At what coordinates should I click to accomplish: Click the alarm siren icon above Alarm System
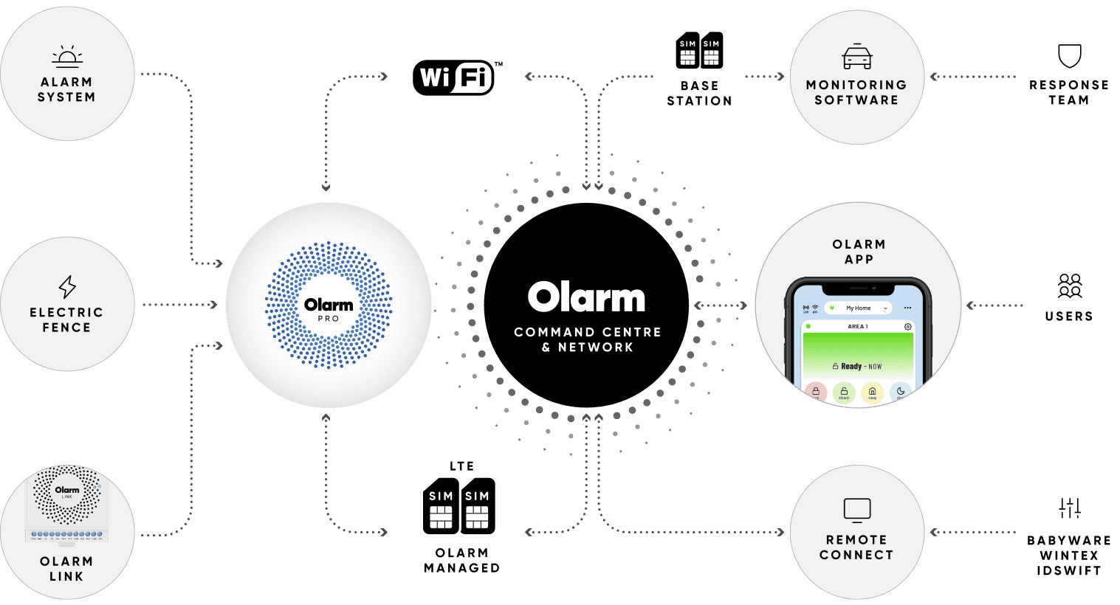click(x=67, y=57)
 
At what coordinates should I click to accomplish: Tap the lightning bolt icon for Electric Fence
click(x=67, y=286)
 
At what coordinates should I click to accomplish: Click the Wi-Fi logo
click(x=453, y=77)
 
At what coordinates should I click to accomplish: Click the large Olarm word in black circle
click(x=586, y=297)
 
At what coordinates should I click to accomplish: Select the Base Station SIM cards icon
click(x=699, y=51)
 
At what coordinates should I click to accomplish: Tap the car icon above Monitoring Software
click(x=857, y=57)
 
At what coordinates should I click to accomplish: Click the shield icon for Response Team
click(x=1069, y=56)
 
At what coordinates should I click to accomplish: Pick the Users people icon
click(x=1069, y=286)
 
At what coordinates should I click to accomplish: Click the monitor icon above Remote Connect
click(x=857, y=510)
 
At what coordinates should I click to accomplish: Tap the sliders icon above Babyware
click(x=1069, y=508)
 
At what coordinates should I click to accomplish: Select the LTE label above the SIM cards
click(x=462, y=466)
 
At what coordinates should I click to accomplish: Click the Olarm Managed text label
click(x=462, y=561)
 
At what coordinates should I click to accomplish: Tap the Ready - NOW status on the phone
click(x=857, y=366)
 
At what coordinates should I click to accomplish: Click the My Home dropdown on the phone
click(x=859, y=308)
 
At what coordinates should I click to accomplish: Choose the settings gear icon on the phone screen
click(x=908, y=326)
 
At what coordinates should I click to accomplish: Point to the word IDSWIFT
click(x=1069, y=571)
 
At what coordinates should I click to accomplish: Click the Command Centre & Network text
click(x=588, y=339)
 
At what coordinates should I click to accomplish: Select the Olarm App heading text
click(x=859, y=252)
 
